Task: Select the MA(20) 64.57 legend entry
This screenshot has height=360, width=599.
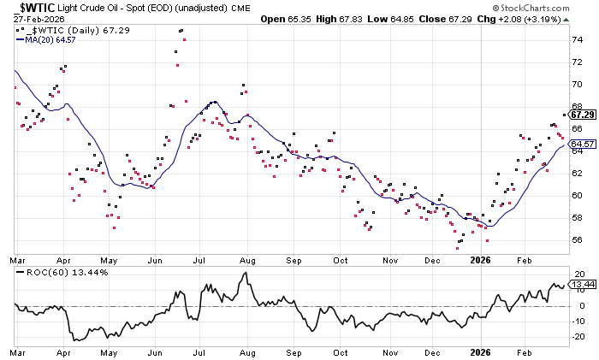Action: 45,38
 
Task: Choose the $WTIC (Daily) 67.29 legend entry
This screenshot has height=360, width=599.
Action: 64,29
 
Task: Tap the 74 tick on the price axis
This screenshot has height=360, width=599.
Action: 578,39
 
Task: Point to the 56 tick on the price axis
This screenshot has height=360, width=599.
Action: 578,240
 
